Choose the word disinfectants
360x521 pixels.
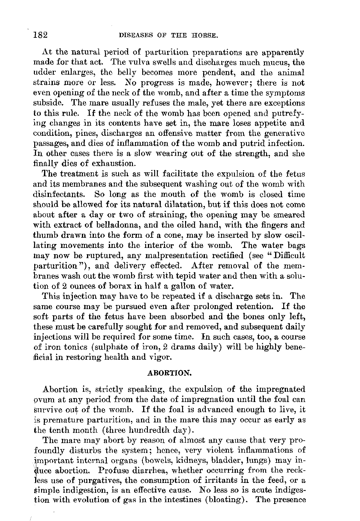pos(60,194)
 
